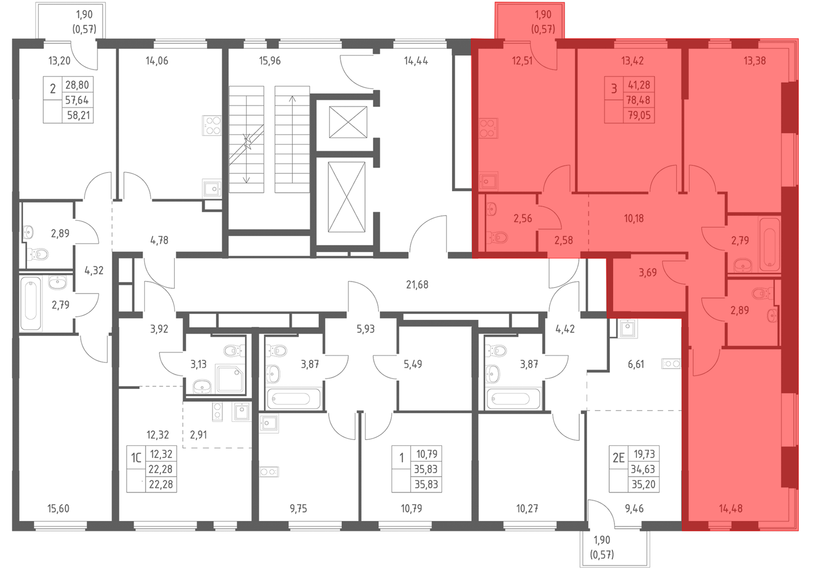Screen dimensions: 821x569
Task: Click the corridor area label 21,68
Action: pyautogui.click(x=417, y=284)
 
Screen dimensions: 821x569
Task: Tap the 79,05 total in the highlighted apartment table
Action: pyautogui.click(x=639, y=115)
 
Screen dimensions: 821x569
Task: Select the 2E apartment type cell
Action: pyautogui.click(x=619, y=457)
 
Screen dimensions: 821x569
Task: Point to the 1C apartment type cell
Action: pyautogui.click(x=136, y=457)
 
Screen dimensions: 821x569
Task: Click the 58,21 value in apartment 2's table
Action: pyautogui.click(x=78, y=115)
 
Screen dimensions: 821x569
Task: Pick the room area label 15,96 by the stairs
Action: pyautogui.click(x=270, y=61)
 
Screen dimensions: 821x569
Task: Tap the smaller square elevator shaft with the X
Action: pyautogui.click(x=348, y=122)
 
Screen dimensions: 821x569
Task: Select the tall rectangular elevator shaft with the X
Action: pyautogui.click(x=347, y=197)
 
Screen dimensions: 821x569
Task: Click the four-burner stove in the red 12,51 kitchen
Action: pyautogui.click(x=488, y=128)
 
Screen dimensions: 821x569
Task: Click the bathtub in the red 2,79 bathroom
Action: pyautogui.click(x=769, y=245)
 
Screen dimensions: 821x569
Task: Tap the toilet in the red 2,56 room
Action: pyautogui.click(x=497, y=237)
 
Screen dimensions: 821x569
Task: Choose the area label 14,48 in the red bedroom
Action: pyautogui.click(x=731, y=509)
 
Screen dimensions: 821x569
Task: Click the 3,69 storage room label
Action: pyautogui.click(x=648, y=273)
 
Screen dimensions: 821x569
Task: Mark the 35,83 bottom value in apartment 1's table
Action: pyautogui.click(x=426, y=484)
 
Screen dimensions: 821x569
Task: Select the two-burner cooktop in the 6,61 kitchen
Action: pyautogui.click(x=671, y=364)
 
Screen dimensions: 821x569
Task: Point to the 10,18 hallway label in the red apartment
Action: pyautogui.click(x=634, y=218)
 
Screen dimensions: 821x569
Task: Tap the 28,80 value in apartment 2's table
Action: pyautogui.click(x=77, y=85)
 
